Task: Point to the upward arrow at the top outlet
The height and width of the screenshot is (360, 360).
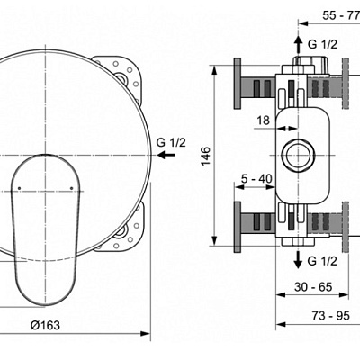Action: (x=299, y=45)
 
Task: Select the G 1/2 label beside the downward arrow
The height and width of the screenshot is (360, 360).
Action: (x=323, y=262)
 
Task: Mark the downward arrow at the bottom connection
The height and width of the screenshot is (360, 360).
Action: (x=299, y=259)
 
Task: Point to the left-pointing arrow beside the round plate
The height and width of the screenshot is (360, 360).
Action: (x=166, y=155)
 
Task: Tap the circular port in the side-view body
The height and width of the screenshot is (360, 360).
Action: (x=298, y=154)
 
